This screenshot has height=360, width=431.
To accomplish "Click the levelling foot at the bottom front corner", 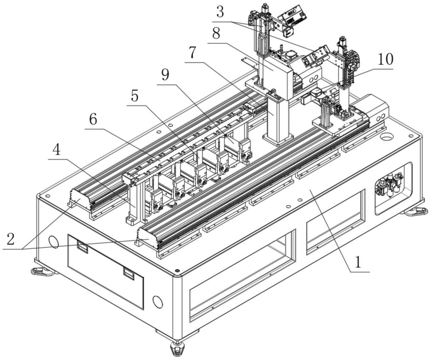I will (176, 348).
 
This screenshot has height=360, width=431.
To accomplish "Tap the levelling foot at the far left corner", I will (41, 271).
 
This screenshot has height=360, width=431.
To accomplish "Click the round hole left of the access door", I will (54, 242).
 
